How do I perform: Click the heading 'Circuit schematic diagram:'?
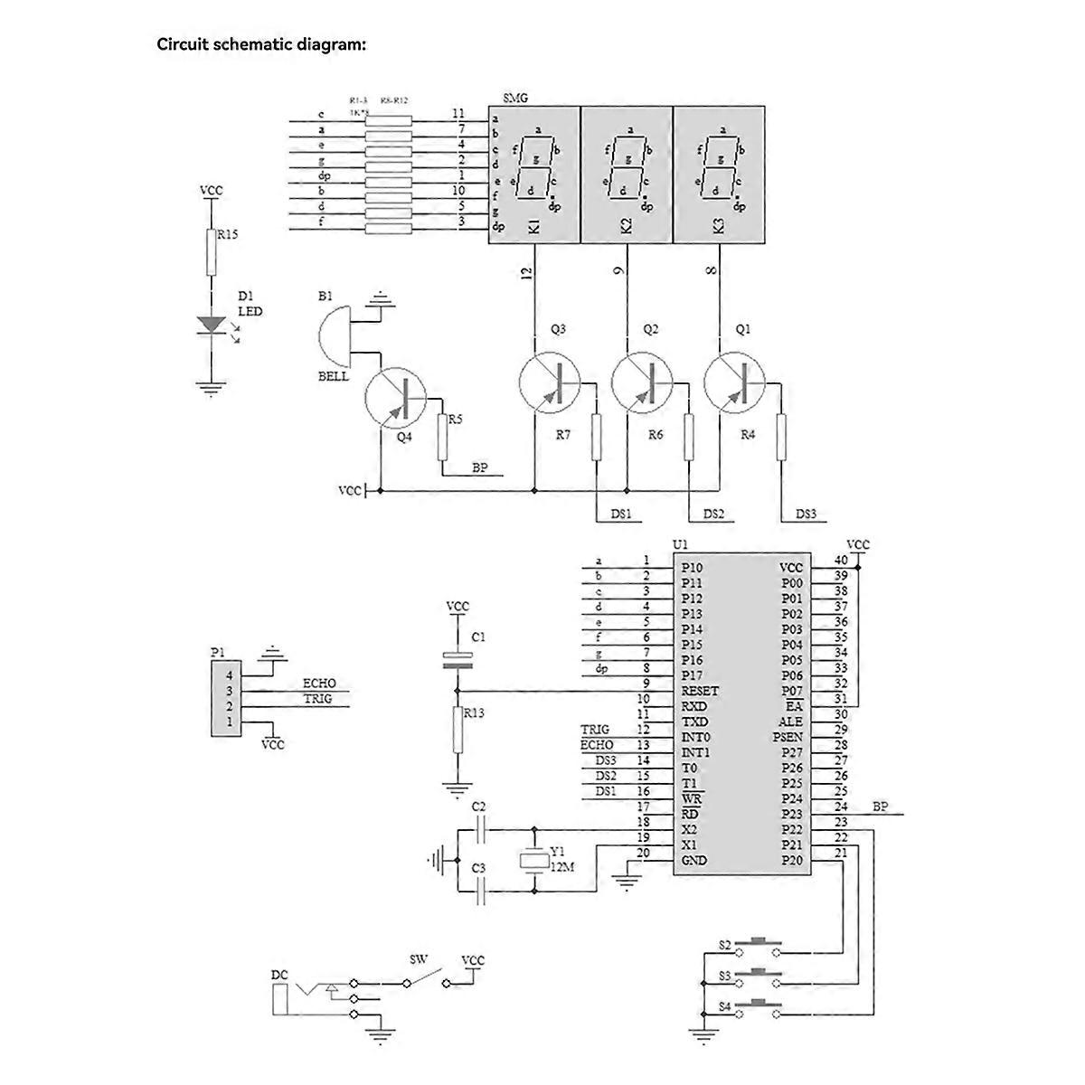pos(261,44)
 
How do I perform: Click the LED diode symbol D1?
pos(212,323)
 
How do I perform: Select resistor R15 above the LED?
pos(212,251)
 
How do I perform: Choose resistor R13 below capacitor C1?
pos(458,730)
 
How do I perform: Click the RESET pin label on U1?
pos(700,691)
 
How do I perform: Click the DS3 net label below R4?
pos(806,514)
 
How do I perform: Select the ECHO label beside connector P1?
pos(318,684)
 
